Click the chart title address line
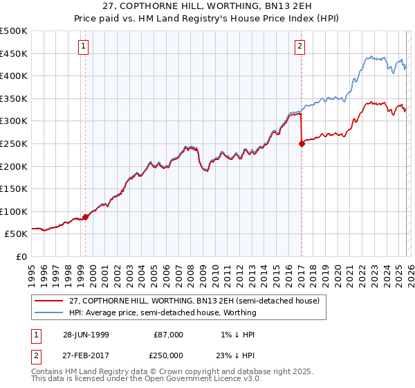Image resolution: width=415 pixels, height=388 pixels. click(207, 6)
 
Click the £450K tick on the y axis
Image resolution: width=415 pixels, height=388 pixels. click(14, 53)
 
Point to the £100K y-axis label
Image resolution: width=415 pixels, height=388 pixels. click(14, 211)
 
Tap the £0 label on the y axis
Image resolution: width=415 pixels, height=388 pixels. click(22, 256)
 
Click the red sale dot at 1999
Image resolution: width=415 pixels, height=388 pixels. click(86, 217)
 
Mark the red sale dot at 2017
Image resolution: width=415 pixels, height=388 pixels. click(302, 143)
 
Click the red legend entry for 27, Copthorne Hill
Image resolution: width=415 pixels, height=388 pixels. click(194, 301)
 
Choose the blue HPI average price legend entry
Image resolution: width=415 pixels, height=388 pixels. click(163, 312)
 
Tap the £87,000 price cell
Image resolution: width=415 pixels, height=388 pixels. click(168, 335)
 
